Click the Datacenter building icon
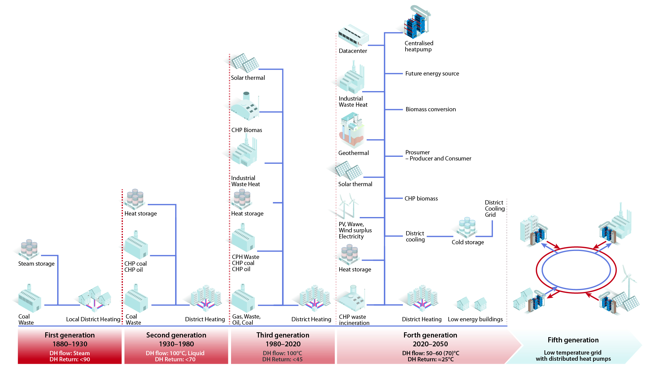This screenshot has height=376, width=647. click(353, 36)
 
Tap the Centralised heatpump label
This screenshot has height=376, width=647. click(419, 46)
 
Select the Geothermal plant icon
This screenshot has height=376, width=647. click(352, 130)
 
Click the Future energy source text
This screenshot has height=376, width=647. click(432, 74)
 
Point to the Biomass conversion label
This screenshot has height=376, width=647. click(430, 109)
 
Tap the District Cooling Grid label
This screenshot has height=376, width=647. click(494, 208)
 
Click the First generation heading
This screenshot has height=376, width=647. click(70, 335)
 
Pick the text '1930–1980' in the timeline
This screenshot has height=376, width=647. click(176, 344)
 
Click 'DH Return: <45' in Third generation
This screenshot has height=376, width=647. click(282, 359)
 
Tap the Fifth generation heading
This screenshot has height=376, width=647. click(573, 340)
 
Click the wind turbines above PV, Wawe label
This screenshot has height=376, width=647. click(348, 205)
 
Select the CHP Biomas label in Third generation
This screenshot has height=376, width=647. click(247, 130)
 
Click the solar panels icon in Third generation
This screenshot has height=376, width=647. click(245, 63)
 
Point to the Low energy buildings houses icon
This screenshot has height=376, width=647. click(472, 304)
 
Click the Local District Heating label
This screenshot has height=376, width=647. click(93, 319)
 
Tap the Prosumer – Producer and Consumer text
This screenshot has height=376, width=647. click(438, 156)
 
